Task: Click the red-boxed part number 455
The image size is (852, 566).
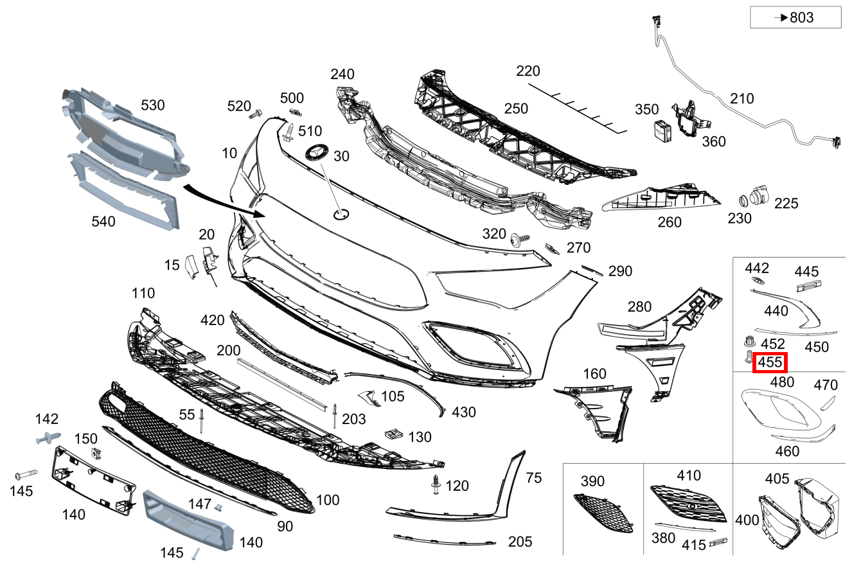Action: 770,362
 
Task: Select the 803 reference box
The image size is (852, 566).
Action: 795,17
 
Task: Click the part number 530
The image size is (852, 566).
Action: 153,105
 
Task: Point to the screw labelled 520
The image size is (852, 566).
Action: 255,114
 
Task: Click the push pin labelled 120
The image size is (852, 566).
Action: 436,485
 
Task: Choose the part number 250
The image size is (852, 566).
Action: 516,109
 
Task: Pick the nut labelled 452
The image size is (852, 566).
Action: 747,340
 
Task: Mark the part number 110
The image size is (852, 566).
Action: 143,294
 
